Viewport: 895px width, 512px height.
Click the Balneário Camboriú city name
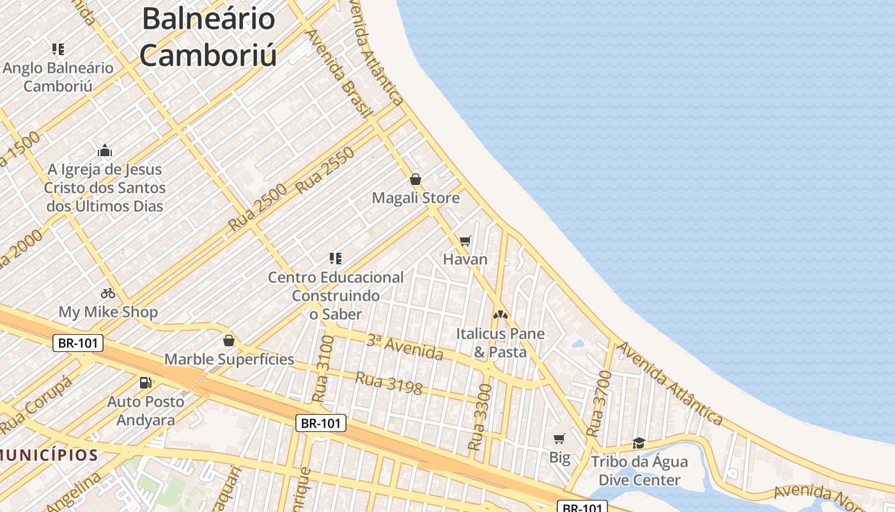208,36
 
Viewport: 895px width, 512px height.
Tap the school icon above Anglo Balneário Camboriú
58,49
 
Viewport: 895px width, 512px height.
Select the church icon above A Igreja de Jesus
105,151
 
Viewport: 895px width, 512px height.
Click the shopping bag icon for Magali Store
415,179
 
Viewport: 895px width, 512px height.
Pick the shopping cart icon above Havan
465,241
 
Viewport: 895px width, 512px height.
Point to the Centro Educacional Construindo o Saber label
336,295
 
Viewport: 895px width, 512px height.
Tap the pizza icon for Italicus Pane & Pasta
500,315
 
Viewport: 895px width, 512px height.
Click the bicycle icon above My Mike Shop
108,293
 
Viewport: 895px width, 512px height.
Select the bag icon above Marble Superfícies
229,340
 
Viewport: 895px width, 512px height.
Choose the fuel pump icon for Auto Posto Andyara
146,383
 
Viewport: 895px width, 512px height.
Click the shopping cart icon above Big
559,438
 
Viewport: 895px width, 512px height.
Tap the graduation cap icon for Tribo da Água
639,443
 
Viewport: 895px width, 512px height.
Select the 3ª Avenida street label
405,346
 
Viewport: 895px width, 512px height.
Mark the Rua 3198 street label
389,383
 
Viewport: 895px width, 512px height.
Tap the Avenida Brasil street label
339,74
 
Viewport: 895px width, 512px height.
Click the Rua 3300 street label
480,417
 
